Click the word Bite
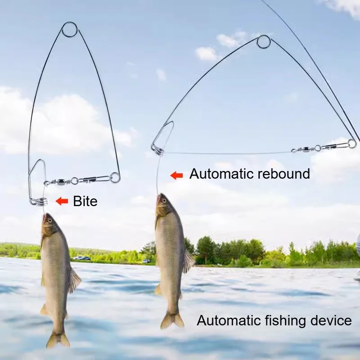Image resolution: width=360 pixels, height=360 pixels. (x=85, y=201)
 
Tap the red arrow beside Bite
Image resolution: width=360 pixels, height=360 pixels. (x=62, y=201)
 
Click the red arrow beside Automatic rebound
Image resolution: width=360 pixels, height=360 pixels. (x=176, y=175)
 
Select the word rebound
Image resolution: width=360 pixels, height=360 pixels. (x=281, y=174)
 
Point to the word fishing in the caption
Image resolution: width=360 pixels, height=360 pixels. (x=284, y=320)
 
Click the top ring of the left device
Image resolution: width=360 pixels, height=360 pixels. (x=70, y=30)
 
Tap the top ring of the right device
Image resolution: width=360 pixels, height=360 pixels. (x=264, y=42)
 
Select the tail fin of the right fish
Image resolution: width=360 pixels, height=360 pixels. (x=173, y=320)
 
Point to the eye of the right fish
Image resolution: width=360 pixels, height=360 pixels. (x=162, y=201)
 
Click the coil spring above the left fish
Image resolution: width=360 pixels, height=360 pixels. (x=39, y=201)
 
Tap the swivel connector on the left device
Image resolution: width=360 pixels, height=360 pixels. (x=63, y=182)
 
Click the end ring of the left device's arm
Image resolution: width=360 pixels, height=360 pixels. (x=115, y=177)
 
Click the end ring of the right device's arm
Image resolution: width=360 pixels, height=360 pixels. (x=351, y=144)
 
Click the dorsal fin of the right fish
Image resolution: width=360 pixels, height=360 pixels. (x=188, y=261)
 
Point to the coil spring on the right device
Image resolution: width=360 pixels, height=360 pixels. (x=158, y=150)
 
